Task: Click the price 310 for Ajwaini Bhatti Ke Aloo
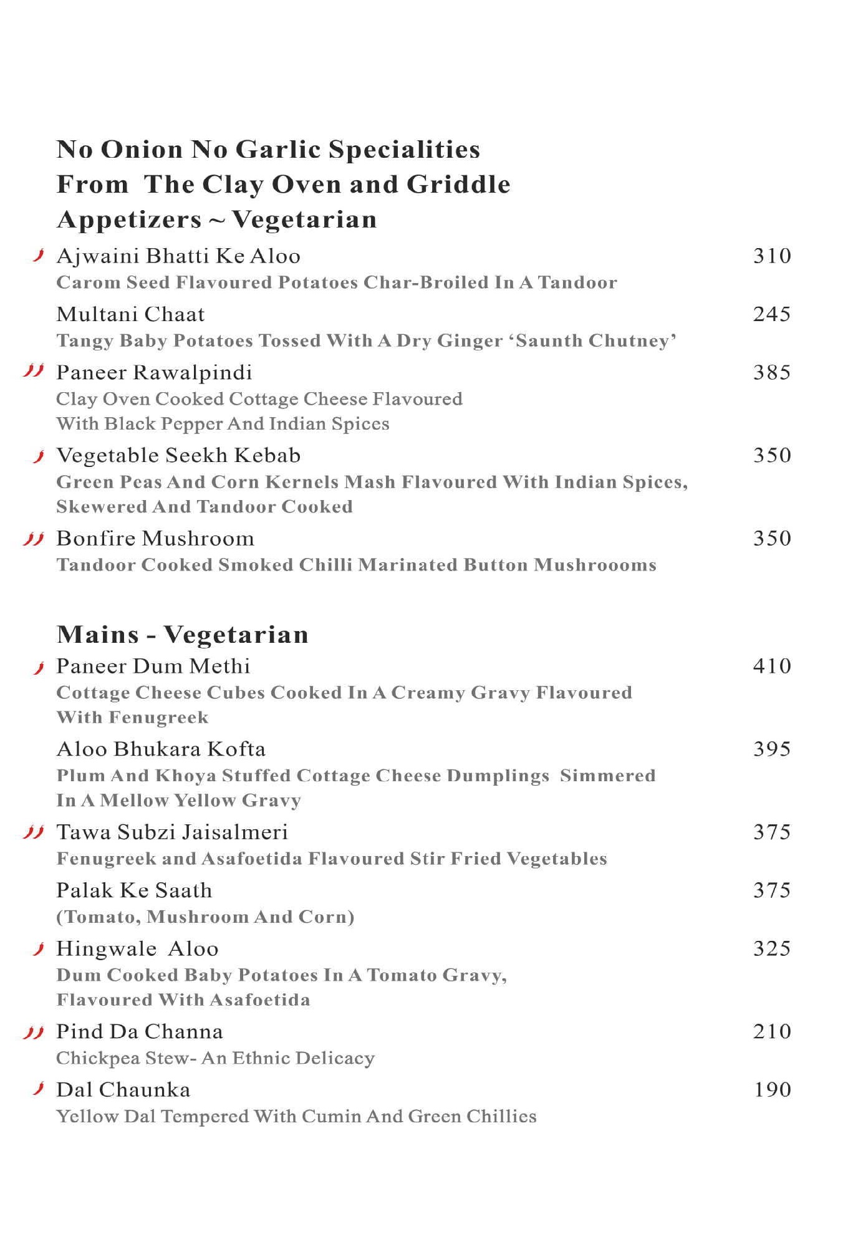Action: (x=772, y=256)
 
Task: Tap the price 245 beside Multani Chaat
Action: (x=772, y=314)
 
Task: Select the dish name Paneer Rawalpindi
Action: (x=154, y=372)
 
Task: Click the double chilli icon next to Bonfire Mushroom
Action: (x=33, y=538)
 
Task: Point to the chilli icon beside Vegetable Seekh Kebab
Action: (x=39, y=456)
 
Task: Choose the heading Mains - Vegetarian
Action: (x=182, y=634)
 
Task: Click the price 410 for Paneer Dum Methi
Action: (x=772, y=666)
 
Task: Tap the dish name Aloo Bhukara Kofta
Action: (x=161, y=749)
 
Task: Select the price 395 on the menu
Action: (x=772, y=749)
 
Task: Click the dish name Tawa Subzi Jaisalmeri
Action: (x=172, y=832)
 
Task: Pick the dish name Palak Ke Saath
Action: (x=134, y=890)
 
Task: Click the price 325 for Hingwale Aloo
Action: (x=772, y=948)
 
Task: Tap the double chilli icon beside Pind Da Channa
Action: (x=33, y=1033)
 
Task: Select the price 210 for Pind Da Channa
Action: (x=772, y=1031)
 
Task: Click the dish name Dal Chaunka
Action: (x=123, y=1090)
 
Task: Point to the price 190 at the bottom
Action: (x=772, y=1090)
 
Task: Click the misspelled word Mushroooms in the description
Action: (x=595, y=565)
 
